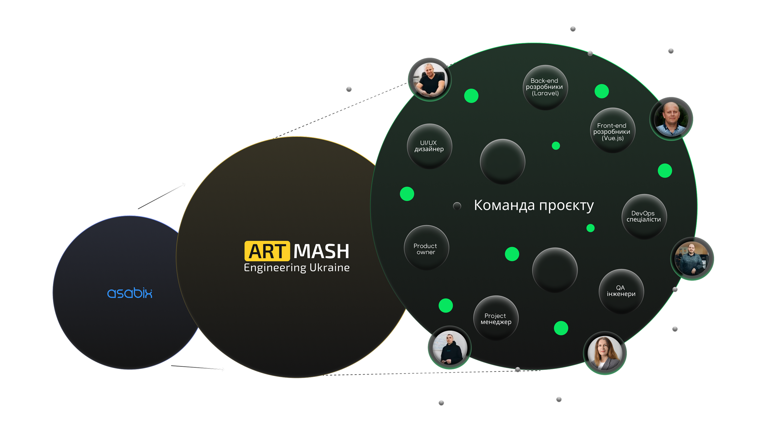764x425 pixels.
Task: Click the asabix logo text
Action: (130, 293)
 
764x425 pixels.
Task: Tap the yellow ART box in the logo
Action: (267, 251)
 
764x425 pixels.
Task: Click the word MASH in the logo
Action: (321, 251)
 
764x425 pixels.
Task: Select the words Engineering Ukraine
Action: (297, 268)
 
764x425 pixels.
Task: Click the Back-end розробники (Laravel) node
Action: (545, 87)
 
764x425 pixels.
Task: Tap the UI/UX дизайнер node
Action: (429, 146)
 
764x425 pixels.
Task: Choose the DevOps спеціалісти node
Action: (644, 217)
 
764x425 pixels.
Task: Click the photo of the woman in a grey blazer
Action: (604, 353)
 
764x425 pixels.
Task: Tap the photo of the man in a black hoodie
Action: (450, 348)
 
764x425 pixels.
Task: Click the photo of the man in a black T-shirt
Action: (430, 80)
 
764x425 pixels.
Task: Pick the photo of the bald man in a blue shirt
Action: (671, 119)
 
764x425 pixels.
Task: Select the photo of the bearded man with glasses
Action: (692, 259)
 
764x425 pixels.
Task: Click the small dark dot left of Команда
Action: (457, 206)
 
